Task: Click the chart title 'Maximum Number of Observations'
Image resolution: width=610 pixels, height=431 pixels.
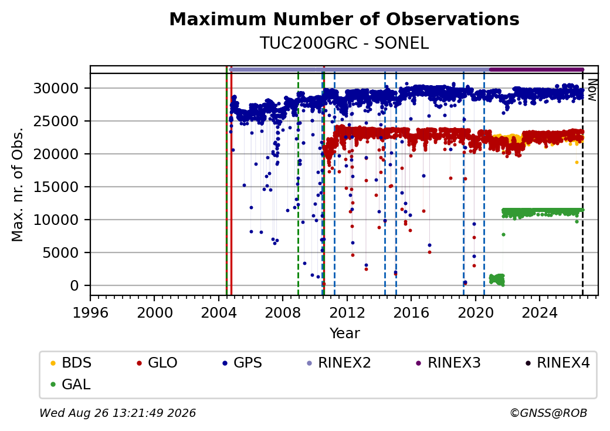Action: coord(344,19)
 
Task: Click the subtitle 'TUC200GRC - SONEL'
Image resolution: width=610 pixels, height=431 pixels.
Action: coord(344,43)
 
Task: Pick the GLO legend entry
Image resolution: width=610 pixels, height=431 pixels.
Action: coord(157,363)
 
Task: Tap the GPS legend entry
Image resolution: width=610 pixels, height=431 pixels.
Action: coord(242,363)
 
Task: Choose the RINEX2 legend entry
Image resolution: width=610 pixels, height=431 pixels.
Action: coord(339,363)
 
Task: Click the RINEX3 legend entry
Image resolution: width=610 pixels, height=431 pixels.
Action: coord(449,363)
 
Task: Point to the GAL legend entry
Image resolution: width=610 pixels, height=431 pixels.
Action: coord(71,384)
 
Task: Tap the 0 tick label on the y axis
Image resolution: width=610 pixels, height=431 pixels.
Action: coord(74,286)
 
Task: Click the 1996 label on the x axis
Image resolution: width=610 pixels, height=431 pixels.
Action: coord(91,312)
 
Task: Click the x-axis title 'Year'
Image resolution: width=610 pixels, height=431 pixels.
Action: coord(345,334)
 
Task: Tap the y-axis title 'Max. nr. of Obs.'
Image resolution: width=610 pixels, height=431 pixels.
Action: coord(18,184)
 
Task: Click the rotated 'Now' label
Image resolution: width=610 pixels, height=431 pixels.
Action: coord(592,90)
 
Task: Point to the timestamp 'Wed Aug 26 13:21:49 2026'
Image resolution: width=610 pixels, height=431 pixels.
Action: coord(118,413)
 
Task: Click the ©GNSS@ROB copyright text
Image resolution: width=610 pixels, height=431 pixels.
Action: coord(548,413)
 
